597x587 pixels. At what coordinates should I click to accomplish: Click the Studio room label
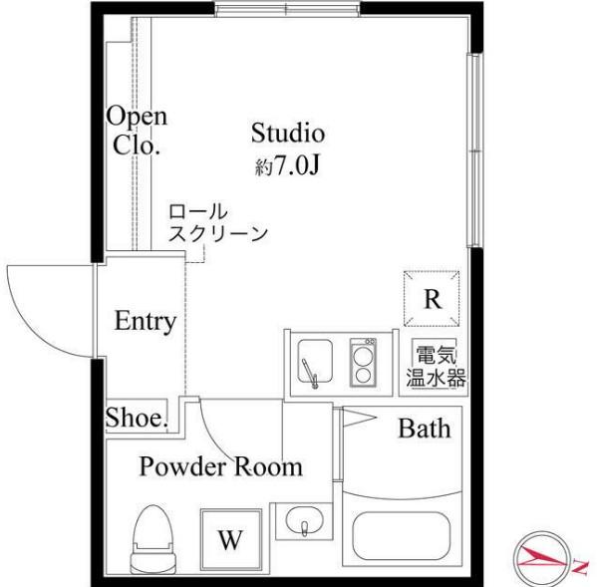pos(287,133)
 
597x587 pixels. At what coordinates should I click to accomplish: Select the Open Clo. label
pos(137,131)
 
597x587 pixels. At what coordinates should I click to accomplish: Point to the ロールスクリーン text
pos(216,224)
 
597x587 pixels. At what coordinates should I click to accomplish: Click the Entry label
pos(145,322)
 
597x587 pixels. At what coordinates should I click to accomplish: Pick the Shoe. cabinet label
pos(136,419)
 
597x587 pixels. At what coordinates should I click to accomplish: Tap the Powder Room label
pos(220,465)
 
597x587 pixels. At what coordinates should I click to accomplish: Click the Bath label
pos(425,429)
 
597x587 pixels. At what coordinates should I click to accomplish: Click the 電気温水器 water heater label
pos(436,366)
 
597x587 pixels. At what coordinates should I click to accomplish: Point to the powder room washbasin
pos(304,521)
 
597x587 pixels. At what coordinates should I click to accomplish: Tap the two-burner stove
pos(364,361)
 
